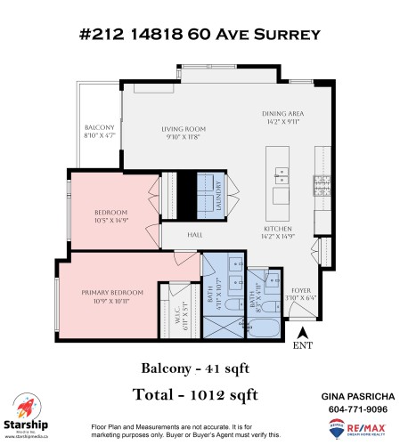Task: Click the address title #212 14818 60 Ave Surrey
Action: [200, 35]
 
